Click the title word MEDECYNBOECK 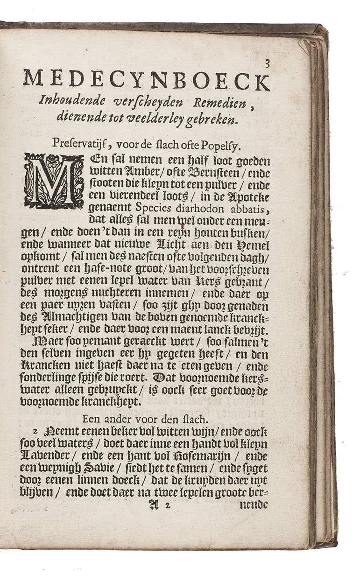(x=146, y=80)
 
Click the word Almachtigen (x=64, y=317)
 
